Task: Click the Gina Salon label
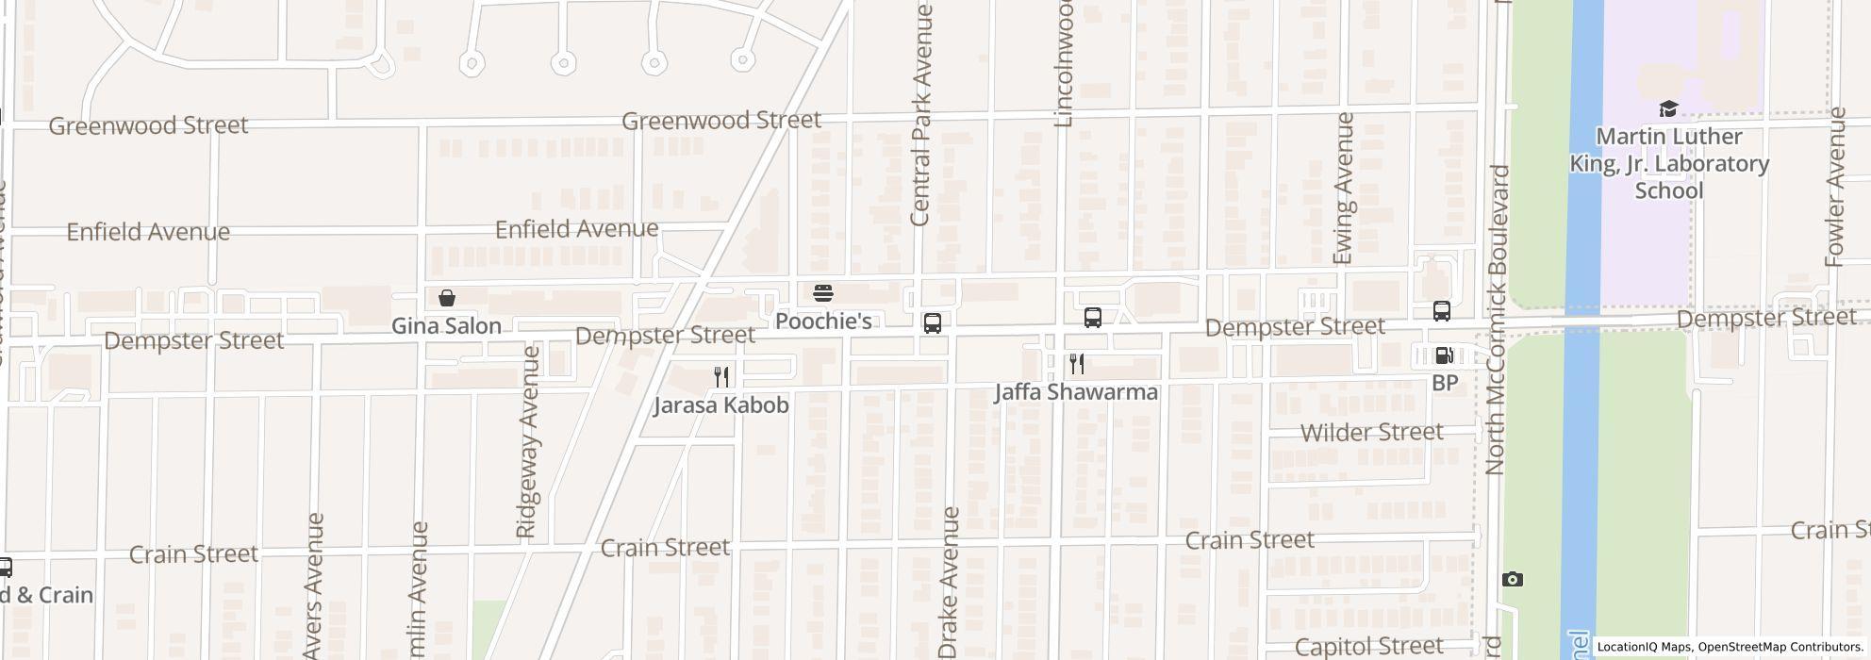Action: click(446, 326)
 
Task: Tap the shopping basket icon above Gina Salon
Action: click(447, 298)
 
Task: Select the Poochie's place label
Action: click(823, 322)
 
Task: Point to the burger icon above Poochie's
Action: click(823, 292)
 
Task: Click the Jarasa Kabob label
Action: click(721, 405)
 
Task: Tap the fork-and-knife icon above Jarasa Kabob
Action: click(721, 377)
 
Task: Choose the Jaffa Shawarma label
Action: click(1076, 392)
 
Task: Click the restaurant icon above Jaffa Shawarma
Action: click(1076, 364)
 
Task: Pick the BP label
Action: click(1445, 383)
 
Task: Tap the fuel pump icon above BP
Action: click(1444, 355)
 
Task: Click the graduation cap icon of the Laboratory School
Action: click(1668, 109)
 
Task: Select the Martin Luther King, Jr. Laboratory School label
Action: click(1668, 163)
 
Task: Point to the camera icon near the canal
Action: click(1512, 579)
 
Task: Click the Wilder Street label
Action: click(1371, 433)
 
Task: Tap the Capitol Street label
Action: click(1368, 647)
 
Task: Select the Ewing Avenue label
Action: click(1344, 189)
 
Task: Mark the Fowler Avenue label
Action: click(1835, 187)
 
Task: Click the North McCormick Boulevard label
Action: click(1496, 321)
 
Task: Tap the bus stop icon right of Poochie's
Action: click(933, 323)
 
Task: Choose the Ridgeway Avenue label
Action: click(528, 441)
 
